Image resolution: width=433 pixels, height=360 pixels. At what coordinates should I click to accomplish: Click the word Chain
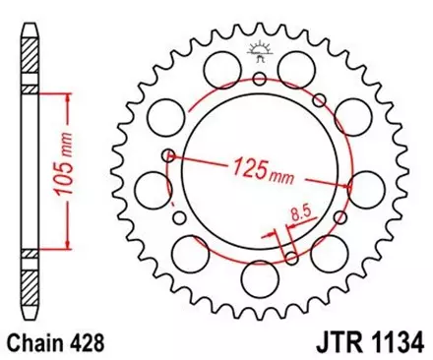coord(36,343)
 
